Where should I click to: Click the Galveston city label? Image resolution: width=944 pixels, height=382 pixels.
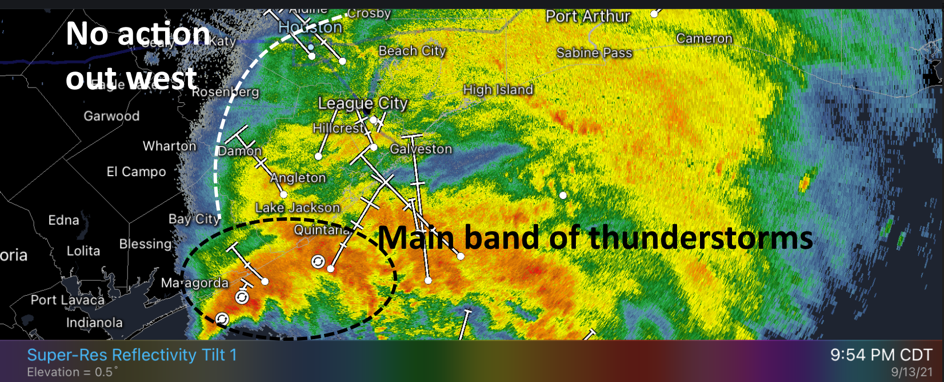(x=421, y=149)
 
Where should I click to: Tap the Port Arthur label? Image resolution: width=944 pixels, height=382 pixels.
(x=587, y=17)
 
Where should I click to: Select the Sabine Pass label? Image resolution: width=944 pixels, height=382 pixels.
(x=594, y=53)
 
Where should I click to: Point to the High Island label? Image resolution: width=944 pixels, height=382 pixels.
(x=498, y=90)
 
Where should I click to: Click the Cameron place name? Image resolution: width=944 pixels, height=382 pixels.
(x=704, y=39)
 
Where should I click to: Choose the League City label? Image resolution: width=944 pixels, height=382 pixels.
(x=363, y=104)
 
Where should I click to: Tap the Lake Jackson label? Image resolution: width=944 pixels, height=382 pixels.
(x=298, y=208)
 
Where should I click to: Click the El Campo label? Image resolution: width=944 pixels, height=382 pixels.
(x=136, y=172)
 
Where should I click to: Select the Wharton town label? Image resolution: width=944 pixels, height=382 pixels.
(x=169, y=146)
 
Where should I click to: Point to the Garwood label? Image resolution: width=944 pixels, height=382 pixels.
(x=111, y=116)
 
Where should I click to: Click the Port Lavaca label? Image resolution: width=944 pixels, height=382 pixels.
(x=67, y=300)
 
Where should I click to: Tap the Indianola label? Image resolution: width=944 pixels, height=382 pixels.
(x=94, y=323)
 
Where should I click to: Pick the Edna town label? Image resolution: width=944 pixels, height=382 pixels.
(x=63, y=220)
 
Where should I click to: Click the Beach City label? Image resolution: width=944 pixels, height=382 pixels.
(x=412, y=51)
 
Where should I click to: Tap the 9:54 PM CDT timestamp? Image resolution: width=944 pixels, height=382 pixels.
(x=881, y=355)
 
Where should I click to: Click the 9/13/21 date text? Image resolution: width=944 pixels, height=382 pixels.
(x=911, y=372)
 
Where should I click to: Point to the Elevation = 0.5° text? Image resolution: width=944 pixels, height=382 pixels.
(x=73, y=372)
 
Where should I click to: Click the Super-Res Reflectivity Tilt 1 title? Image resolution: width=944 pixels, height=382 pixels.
(x=131, y=355)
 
